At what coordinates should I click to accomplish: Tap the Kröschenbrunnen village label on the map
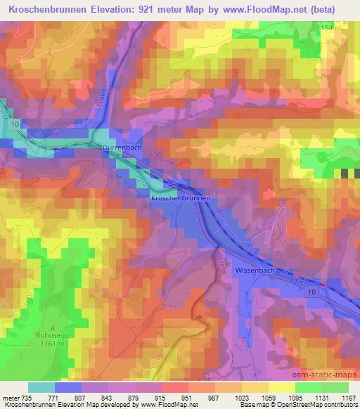tap(181, 199)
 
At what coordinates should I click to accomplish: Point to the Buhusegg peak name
tap(29, 336)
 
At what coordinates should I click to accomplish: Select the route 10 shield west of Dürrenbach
tap(14, 124)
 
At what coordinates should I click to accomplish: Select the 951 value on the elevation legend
tap(186, 397)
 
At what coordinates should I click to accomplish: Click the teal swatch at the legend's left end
tap(41, 387)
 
